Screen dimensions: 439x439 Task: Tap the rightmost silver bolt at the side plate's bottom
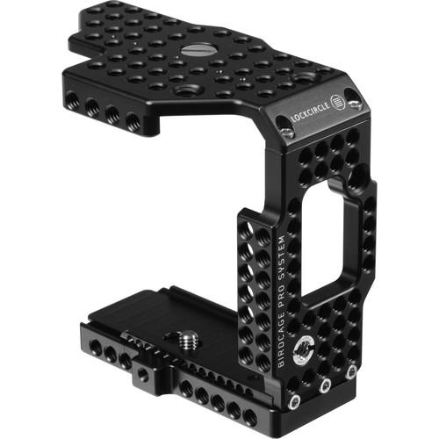click(351, 372)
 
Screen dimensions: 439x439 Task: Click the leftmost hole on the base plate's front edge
click(90, 346)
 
